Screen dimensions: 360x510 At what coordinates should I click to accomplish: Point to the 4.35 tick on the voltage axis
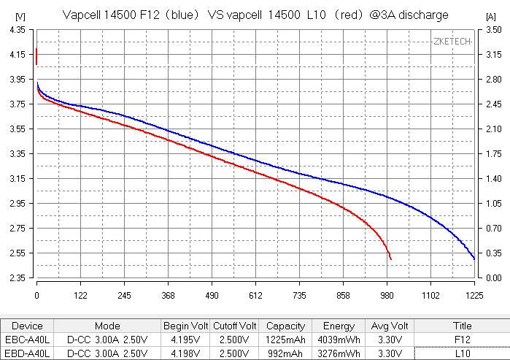click(x=17, y=29)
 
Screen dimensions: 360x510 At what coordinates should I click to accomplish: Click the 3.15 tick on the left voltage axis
click(x=17, y=178)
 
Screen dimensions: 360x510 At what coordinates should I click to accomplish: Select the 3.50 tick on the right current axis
click(x=493, y=29)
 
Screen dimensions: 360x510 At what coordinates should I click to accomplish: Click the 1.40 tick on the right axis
click(x=493, y=178)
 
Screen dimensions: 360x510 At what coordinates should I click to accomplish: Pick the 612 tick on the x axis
click(x=255, y=295)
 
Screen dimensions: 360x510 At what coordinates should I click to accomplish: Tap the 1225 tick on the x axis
click(x=474, y=295)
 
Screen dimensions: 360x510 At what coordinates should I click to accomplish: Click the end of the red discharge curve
click(x=391, y=259)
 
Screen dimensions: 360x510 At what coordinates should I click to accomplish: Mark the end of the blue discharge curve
click(x=474, y=259)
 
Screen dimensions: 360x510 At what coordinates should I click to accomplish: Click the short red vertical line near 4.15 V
click(x=36, y=56)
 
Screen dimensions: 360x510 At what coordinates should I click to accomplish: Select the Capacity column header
click(x=285, y=326)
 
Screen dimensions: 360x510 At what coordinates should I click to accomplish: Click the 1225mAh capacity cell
click(x=285, y=340)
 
